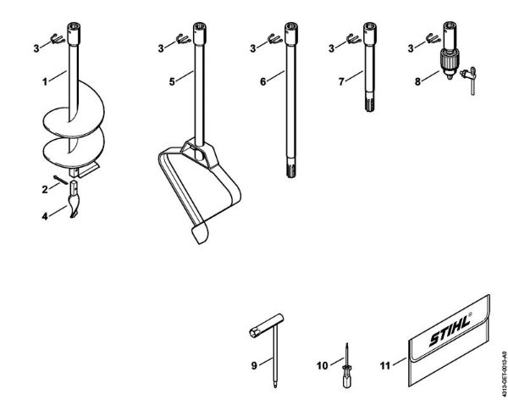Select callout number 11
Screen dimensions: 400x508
(x=386, y=365)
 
